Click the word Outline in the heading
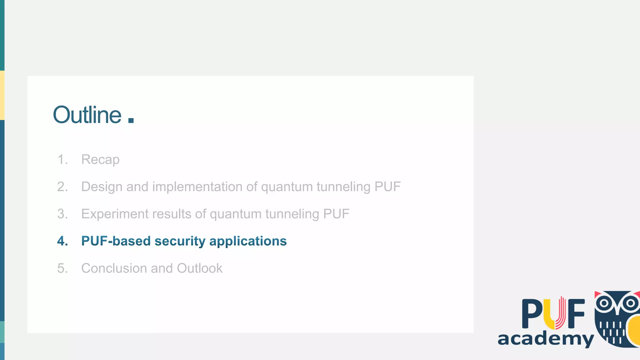87,115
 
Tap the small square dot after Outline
131,120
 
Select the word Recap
100,160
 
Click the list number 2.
62,187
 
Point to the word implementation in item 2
197,187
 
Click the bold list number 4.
62,241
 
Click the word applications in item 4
248,241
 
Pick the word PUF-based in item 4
116,241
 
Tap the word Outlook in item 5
200,268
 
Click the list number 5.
62,268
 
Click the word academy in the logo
546,339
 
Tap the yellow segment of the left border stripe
2,95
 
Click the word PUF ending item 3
336,214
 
